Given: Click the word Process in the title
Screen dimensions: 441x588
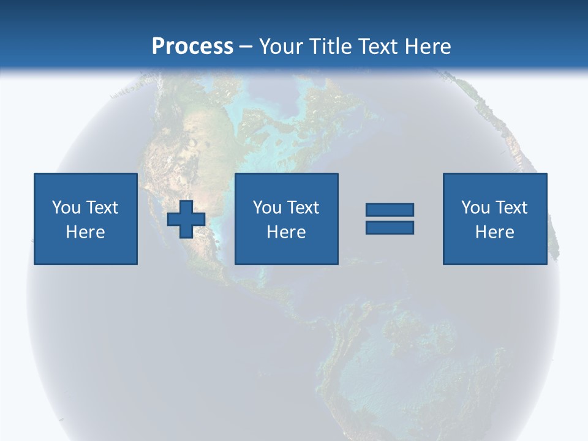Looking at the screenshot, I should (192, 47).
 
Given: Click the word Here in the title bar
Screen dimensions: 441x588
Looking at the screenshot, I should (429, 47).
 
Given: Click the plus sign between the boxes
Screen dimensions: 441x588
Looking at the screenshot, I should (186, 219).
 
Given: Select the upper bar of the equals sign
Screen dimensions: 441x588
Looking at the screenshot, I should (390, 210).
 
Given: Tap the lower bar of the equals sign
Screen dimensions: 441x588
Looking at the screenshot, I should (390, 227).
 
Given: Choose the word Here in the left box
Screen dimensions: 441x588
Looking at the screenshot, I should (85, 232).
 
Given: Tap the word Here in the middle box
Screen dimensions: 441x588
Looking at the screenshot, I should (286, 232).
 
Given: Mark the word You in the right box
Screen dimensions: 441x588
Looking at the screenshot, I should (475, 208).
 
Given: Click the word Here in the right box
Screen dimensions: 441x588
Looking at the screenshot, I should (494, 232).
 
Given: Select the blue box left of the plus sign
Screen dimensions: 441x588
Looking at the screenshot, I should (86, 251).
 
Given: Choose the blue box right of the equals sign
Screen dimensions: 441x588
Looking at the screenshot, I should (495, 251).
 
